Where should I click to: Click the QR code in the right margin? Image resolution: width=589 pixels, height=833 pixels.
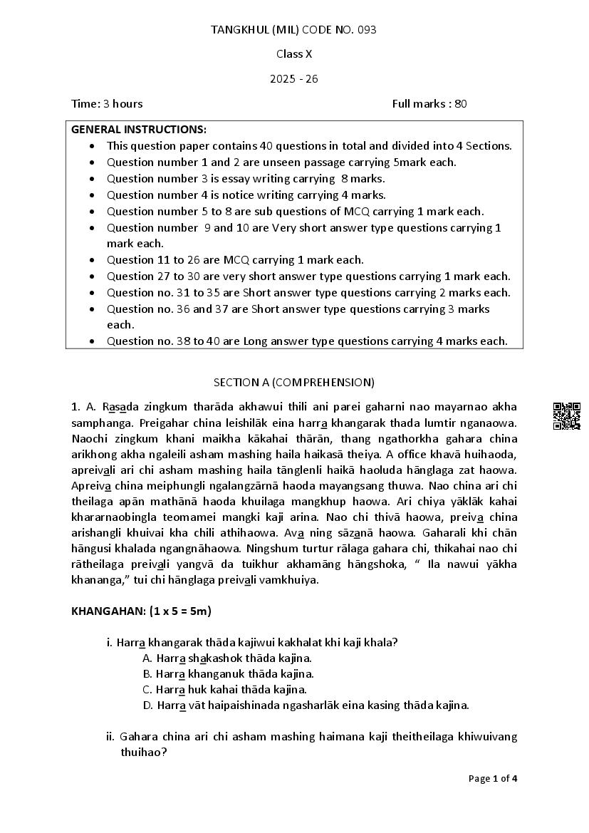567,415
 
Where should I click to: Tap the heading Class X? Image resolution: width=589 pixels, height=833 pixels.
294,53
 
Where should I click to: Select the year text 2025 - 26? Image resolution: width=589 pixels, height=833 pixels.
294,78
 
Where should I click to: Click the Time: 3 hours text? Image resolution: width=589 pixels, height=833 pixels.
107,103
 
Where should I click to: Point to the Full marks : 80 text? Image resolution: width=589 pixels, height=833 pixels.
429,103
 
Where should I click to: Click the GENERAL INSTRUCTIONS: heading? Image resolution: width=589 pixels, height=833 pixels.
139,129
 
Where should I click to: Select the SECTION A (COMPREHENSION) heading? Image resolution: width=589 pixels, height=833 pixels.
294,382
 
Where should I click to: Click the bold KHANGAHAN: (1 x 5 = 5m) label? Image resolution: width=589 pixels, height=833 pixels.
142,611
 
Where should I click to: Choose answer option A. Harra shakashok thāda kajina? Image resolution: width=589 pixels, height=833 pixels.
227,658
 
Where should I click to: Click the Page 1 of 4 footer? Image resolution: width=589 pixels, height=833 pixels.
493,778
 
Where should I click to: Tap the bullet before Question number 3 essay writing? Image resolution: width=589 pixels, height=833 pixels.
93,179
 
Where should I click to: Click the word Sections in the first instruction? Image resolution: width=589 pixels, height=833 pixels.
490,145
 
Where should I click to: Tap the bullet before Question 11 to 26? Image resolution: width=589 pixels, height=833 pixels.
93,260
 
